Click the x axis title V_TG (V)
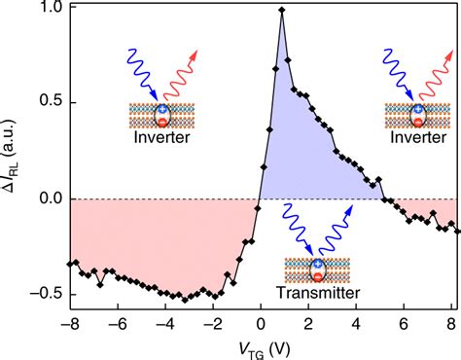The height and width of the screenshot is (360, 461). point(260,348)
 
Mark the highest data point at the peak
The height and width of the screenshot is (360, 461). point(281,11)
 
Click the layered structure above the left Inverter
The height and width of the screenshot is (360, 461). point(161,116)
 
